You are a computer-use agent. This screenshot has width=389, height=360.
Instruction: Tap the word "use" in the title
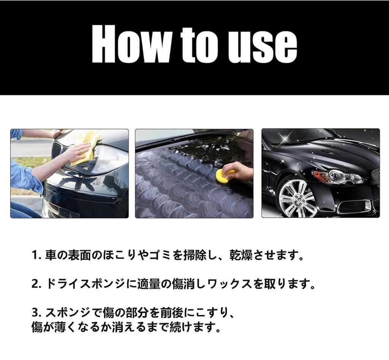(262, 47)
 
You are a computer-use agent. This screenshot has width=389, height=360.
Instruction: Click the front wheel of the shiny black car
(296, 199)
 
